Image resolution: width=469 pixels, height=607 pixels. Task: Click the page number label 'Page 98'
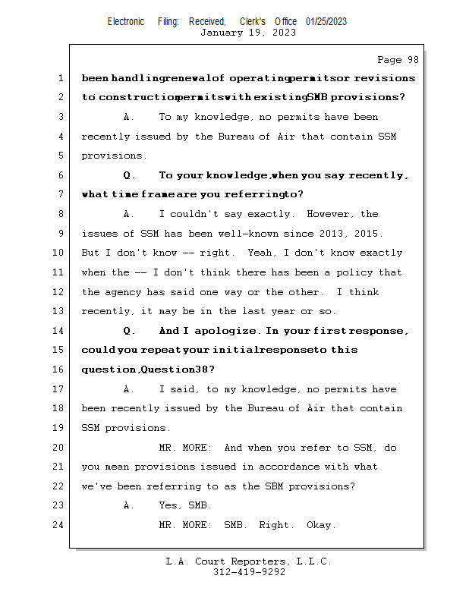pyautogui.click(x=398, y=59)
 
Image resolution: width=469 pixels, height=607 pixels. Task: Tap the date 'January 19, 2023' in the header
pyautogui.click(x=248, y=33)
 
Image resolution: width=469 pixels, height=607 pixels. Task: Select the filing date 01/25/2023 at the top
pyautogui.click(x=326, y=21)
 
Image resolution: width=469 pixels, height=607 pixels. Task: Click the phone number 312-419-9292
pyautogui.click(x=249, y=572)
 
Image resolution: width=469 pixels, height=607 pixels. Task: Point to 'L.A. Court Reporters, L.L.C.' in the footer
pyautogui.click(x=249, y=561)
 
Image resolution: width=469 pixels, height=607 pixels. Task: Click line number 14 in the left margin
pyautogui.click(x=59, y=331)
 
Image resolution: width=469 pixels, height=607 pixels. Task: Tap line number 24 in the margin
pyautogui.click(x=59, y=525)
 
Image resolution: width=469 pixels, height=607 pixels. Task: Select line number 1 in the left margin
pyautogui.click(x=61, y=78)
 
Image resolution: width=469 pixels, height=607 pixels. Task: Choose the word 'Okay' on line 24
pyautogui.click(x=321, y=525)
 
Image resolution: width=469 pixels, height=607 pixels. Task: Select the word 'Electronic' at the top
pyautogui.click(x=126, y=21)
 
